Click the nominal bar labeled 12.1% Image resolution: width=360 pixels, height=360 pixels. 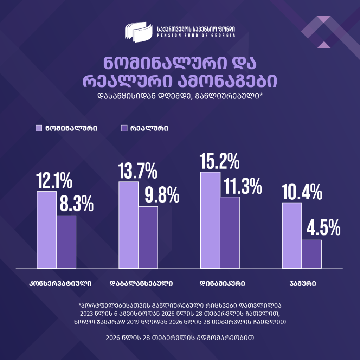point(47,230)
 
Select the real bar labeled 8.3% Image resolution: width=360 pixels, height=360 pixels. point(66,242)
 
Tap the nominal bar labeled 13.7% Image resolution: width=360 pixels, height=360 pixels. point(128,225)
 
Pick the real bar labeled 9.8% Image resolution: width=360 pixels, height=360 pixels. point(148,237)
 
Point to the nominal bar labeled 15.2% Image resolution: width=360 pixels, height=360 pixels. point(210,220)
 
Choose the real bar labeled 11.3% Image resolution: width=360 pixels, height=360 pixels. point(230,232)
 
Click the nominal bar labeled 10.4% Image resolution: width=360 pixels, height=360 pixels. point(292,236)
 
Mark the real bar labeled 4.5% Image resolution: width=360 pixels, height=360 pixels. point(311,254)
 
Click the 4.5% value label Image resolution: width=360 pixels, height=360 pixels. point(323,227)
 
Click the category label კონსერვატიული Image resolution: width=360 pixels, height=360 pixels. point(60,283)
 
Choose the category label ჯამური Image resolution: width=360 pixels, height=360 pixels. point(303,283)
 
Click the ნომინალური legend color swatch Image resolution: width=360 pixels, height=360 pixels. point(39,128)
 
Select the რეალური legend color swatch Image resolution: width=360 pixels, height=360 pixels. point(124,128)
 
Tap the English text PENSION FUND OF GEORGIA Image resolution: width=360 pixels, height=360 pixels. point(196,36)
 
